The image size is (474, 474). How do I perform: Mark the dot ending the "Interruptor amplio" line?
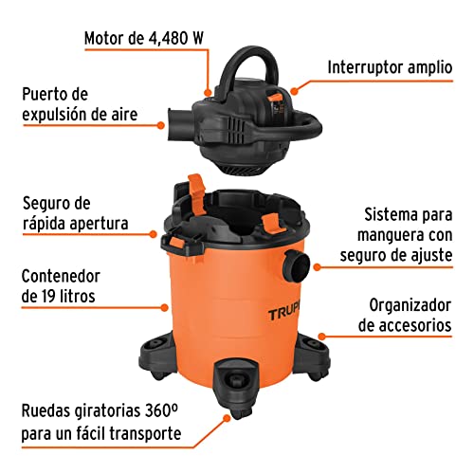pos(294,92)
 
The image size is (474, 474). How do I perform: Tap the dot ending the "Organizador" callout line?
pos(322,336)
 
